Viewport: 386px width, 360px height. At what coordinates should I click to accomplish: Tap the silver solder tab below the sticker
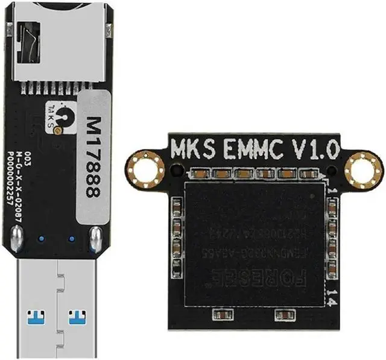[x=95, y=239]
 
